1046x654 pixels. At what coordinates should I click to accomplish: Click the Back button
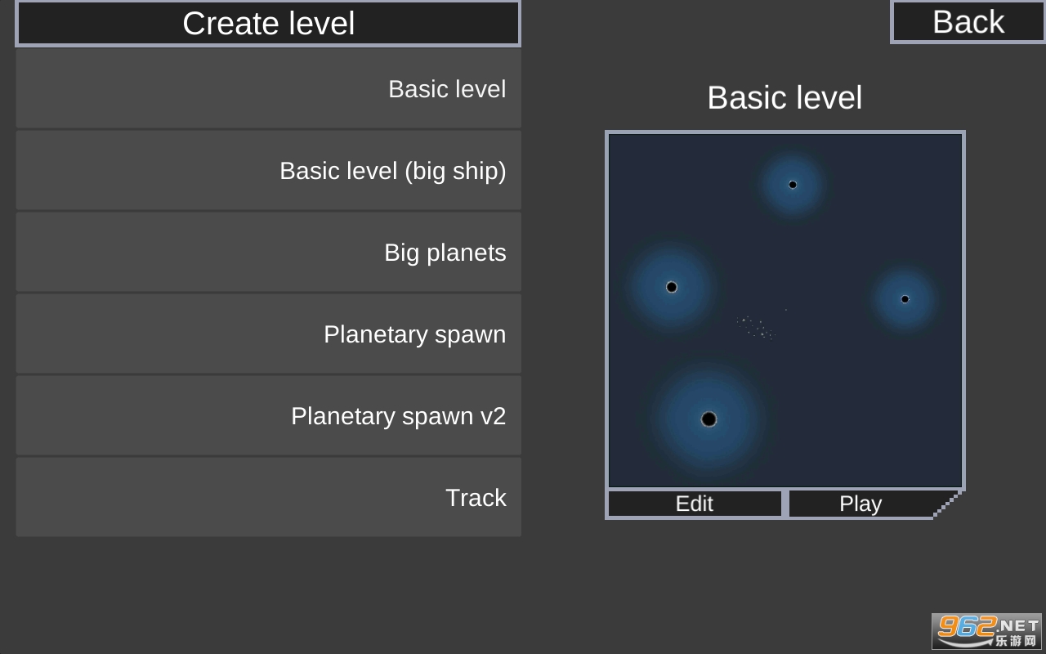968,22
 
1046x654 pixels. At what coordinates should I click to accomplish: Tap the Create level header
268,23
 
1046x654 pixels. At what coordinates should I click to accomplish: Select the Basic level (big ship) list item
269,171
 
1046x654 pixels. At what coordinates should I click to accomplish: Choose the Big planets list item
269,253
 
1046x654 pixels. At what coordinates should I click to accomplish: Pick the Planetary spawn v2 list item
269,416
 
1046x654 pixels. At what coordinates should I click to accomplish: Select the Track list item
269,497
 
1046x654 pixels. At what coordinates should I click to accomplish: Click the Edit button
695,504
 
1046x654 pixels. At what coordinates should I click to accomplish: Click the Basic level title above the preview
784,97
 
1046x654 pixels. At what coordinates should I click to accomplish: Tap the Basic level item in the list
269,89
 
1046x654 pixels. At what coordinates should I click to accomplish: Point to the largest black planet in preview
709,419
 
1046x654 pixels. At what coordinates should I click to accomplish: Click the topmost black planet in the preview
793,185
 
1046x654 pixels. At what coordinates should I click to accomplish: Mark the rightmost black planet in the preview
905,299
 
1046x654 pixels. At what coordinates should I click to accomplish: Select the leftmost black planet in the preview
672,287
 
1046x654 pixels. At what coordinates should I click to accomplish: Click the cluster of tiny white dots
756,328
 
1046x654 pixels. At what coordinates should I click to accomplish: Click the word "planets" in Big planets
466,253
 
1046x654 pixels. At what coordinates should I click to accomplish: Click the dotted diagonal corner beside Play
947,504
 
